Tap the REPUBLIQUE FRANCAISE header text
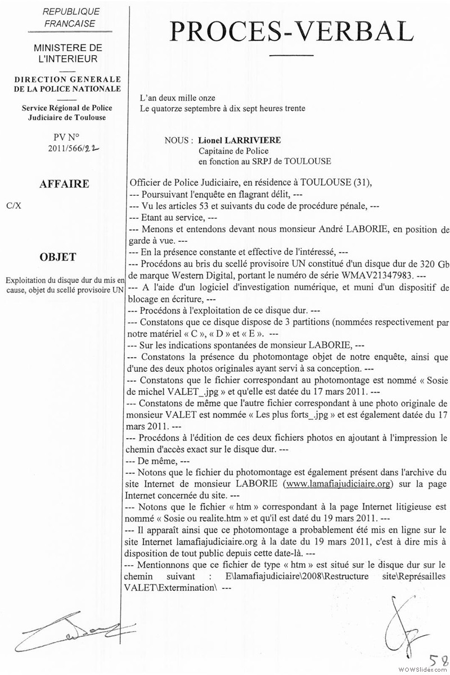[x=70, y=17]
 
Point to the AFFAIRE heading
[x=64, y=184]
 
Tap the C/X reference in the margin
[x=14, y=205]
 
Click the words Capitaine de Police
[x=233, y=151]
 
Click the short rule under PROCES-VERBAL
[x=291, y=55]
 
